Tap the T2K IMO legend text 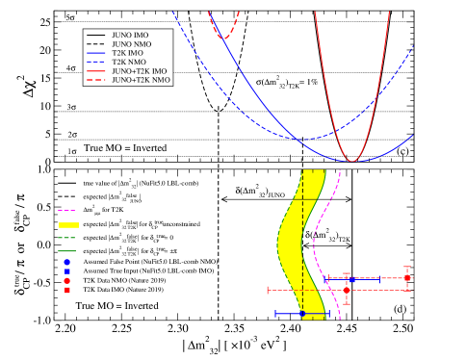click(x=127, y=53)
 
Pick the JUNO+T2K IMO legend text click(x=141, y=71)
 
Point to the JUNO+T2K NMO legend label click(x=141, y=80)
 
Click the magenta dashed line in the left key click(x=66, y=210)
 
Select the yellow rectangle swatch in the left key click(x=67, y=224)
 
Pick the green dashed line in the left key click(x=66, y=237)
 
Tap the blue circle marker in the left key click(x=67, y=261)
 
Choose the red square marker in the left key click(x=67, y=290)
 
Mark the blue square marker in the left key click(x=67, y=270)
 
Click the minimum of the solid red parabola click(x=351, y=161)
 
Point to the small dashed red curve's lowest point click(x=223, y=39)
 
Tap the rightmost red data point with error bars click(x=407, y=277)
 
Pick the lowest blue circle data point click(x=302, y=314)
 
